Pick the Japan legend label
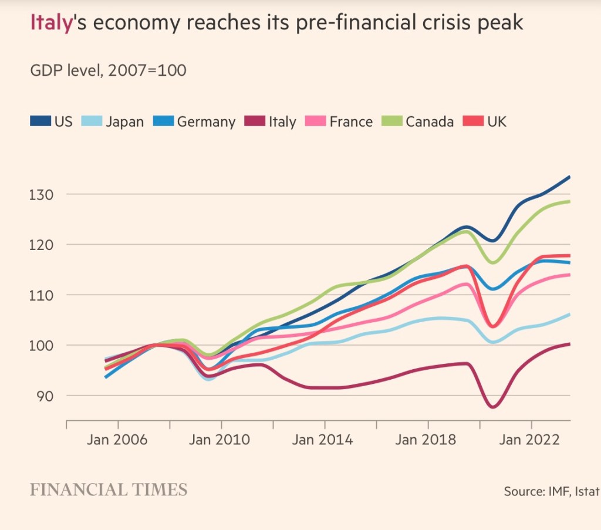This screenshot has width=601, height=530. point(124,122)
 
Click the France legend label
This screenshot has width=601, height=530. point(350,122)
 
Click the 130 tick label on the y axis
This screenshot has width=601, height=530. point(41,194)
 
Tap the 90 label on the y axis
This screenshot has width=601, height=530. point(44,396)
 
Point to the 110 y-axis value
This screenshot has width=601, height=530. point(41,295)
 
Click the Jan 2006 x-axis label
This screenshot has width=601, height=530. point(117,440)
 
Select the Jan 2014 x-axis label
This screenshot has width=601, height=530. point(324,440)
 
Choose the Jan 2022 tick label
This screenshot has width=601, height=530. point(531,440)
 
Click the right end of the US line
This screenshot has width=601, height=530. point(569,177)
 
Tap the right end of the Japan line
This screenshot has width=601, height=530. point(569,315)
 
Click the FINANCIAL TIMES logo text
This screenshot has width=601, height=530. point(109,490)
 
